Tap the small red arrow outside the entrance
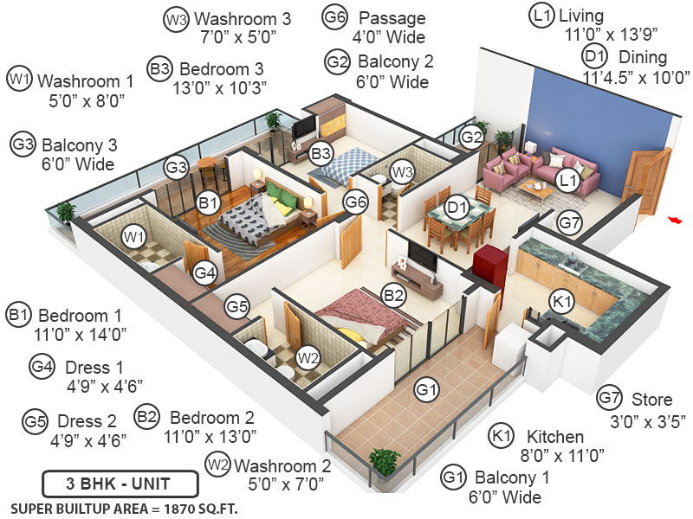click(x=673, y=220)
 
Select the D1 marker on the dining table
click(x=457, y=207)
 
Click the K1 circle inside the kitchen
click(x=562, y=301)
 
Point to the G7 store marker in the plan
click(x=569, y=223)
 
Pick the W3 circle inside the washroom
click(x=402, y=171)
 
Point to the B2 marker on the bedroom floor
click(x=393, y=297)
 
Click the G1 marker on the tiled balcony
click(x=424, y=390)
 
